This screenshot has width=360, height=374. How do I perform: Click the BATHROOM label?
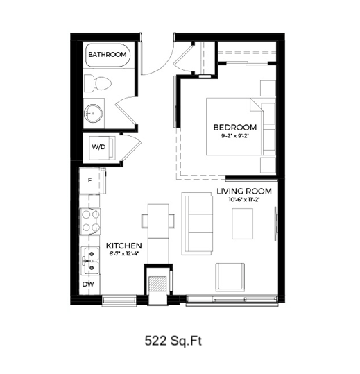pyautogui.click(x=108, y=55)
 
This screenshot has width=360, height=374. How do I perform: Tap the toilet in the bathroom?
pyautogui.click(x=98, y=83)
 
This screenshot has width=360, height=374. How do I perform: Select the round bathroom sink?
pyautogui.click(x=93, y=114)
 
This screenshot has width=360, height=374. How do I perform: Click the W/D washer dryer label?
pyautogui.click(x=98, y=147)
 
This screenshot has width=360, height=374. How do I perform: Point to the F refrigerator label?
pyautogui.click(x=90, y=180)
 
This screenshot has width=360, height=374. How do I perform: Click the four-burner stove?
pyautogui.click(x=90, y=221)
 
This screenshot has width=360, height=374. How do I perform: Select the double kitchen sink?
pyautogui.click(x=90, y=260)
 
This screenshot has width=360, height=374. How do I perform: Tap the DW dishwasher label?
pyautogui.click(x=88, y=284)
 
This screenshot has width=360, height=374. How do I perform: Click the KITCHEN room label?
pyautogui.click(x=124, y=246)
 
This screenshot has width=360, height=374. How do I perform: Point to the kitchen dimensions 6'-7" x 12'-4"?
pyautogui.click(x=124, y=254)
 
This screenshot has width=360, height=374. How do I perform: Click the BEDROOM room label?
pyautogui.click(x=235, y=128)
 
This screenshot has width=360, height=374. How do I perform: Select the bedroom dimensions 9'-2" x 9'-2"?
pyautogui.click(x=235, y=137)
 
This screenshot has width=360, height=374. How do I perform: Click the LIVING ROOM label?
pyautogui.click(x=244, y=192)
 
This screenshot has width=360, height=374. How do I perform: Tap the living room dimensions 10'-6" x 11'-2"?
pyautogui.click(x=244, y=200)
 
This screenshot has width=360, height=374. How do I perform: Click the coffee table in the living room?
pyautogui.click(x=243, y=223)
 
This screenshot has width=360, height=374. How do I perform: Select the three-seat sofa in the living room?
pyautogui.click(x=197, y=223)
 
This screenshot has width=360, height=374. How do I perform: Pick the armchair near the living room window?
pyautogui.click(x=230, y=277)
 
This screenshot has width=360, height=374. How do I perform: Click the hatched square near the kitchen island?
pyautogui.click(x=157, y=284)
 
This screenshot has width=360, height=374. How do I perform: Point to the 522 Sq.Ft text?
pyautogui.click(x=173, y=341)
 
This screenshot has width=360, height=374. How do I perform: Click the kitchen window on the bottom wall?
pyautogui.click(x=119, y=300)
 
